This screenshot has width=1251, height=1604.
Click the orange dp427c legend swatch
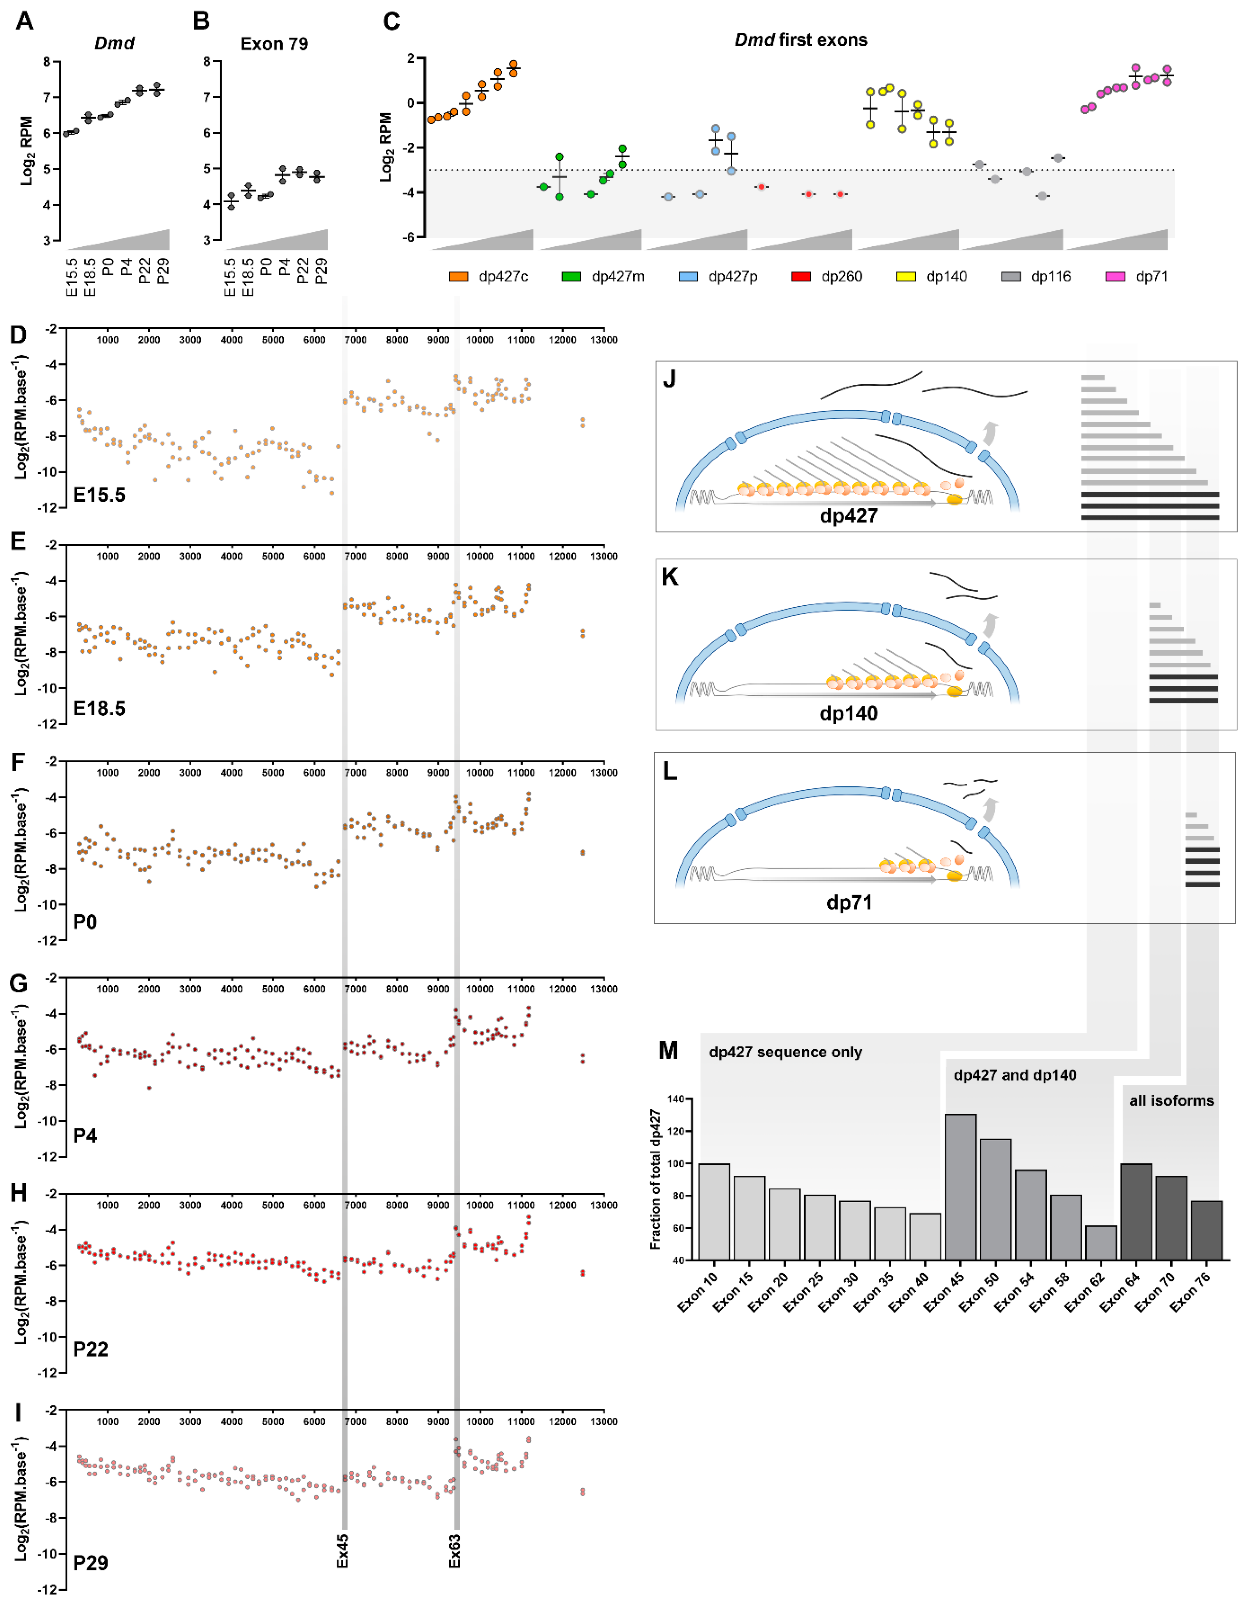(458, 277)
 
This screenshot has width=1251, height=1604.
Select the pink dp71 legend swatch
(1115, 277)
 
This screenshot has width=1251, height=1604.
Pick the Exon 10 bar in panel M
(714, 1212)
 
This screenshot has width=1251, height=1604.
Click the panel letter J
(669, 379)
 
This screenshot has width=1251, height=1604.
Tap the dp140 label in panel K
(848, 713)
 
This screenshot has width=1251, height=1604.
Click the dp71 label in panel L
(848, 903)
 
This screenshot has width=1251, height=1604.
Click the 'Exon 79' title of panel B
(274, 44)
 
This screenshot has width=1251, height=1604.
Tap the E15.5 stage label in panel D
(99, 495)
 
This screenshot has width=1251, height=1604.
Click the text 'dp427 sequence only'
(784, 1052)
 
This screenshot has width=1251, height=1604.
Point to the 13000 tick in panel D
(604, 340)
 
